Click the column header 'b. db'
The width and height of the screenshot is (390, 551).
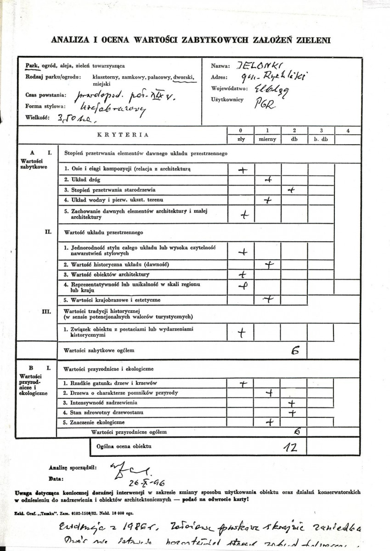[x=320, y=139]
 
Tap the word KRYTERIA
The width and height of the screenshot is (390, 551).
[x=123, y=135]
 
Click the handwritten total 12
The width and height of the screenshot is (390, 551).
[x=291, y=447]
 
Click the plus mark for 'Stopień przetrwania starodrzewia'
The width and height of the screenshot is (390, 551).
[x=290, y=189]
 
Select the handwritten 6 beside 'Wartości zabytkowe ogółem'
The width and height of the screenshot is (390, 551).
[x=295, y=351]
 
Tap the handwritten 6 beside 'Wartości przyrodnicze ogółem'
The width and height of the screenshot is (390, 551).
[x=297, y=432]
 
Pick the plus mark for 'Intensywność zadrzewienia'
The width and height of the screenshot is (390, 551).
[x=291, y=403]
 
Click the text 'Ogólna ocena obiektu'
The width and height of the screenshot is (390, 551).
[x=124, y=446]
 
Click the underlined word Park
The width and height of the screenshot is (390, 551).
[x=32, y=66]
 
